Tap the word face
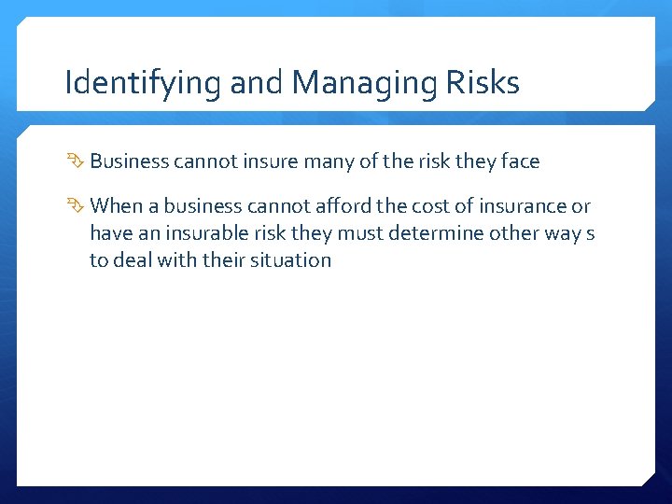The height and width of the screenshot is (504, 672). coord(520,161)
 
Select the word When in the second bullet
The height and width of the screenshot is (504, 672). coord(117,205)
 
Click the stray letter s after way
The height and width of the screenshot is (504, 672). coord(590,233)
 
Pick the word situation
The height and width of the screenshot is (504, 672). coord(291,259)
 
